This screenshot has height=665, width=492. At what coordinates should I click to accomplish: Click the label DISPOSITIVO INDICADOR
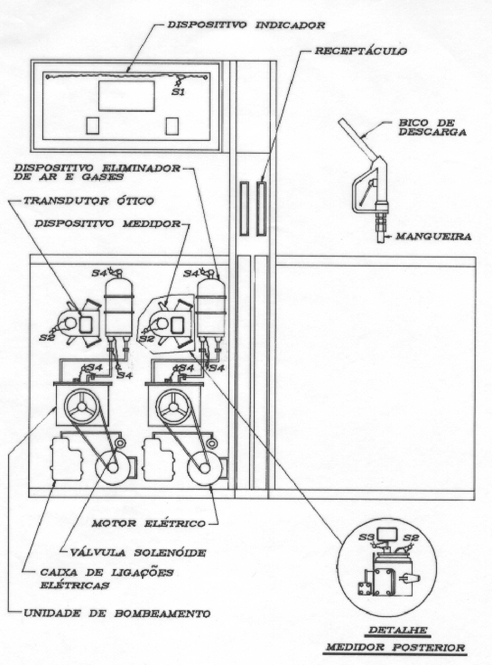[246, 25]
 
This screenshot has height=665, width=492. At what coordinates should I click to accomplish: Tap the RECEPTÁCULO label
[360, 51]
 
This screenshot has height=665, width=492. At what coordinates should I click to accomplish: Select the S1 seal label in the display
[178, 92]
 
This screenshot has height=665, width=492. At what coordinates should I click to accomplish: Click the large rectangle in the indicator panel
[126, 96]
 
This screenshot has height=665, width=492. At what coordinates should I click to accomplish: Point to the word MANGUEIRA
[433, 236]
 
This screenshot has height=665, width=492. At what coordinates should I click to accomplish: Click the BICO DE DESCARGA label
[432, 128]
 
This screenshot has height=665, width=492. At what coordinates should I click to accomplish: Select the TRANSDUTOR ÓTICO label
[89, 201]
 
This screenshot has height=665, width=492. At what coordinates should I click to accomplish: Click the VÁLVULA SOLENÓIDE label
[138, 552]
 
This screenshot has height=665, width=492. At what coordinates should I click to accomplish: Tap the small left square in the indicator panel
[93, 126]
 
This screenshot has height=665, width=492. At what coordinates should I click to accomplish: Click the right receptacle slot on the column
[261, 209]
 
